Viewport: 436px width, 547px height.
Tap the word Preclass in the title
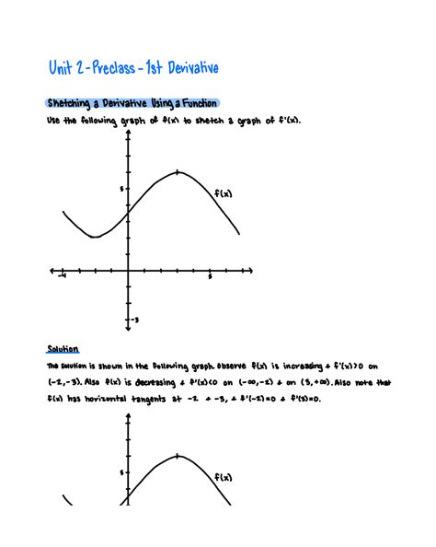coord(115,68)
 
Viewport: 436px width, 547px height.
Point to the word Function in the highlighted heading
coord(205,103)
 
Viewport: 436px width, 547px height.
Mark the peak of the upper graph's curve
coord(177,172)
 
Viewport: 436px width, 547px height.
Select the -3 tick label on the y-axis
coord(134,320)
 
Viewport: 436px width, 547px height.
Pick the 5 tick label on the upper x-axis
coord(210,276)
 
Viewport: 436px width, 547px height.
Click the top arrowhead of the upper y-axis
coord(127,132)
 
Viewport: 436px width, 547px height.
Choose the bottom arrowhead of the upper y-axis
coord(127,328)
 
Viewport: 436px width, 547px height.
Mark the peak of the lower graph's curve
coord(177,456)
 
